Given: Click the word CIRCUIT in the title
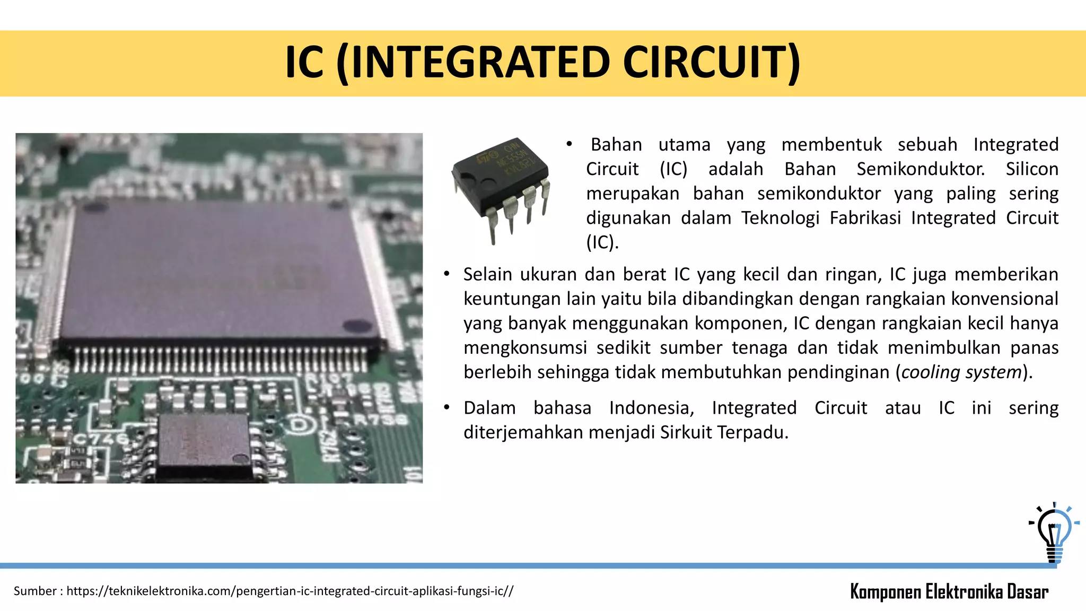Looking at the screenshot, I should (711, 63).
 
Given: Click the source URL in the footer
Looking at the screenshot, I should (290, 591).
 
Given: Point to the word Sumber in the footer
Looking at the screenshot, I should (35, 591).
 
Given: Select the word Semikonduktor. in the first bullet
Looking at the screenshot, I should (921, 169).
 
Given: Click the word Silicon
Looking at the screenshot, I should (1032, 169).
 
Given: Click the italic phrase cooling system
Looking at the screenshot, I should (961, 372).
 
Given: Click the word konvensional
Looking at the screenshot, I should (1004, 299).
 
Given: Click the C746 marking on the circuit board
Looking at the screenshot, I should (100, 439).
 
